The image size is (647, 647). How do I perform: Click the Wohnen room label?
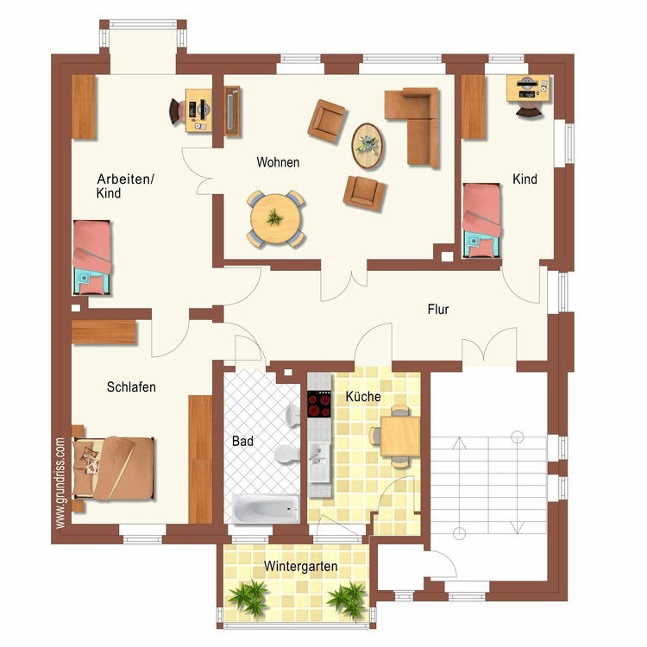[278, 162]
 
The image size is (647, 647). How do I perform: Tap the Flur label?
[438, 309]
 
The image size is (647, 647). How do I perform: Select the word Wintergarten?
[301, 566]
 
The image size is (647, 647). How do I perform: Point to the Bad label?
[242, 441]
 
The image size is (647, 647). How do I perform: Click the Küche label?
[363, 397]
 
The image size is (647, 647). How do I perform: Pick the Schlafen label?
[131, 387]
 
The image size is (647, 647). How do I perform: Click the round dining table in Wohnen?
[276, 219]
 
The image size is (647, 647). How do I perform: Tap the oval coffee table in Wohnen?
[367, 141]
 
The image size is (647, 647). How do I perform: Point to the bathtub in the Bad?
[265, 508]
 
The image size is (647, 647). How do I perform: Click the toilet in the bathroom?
[283, 453]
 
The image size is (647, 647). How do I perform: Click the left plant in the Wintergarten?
[251, 595]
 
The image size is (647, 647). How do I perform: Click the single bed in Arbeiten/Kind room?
[92, 250]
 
